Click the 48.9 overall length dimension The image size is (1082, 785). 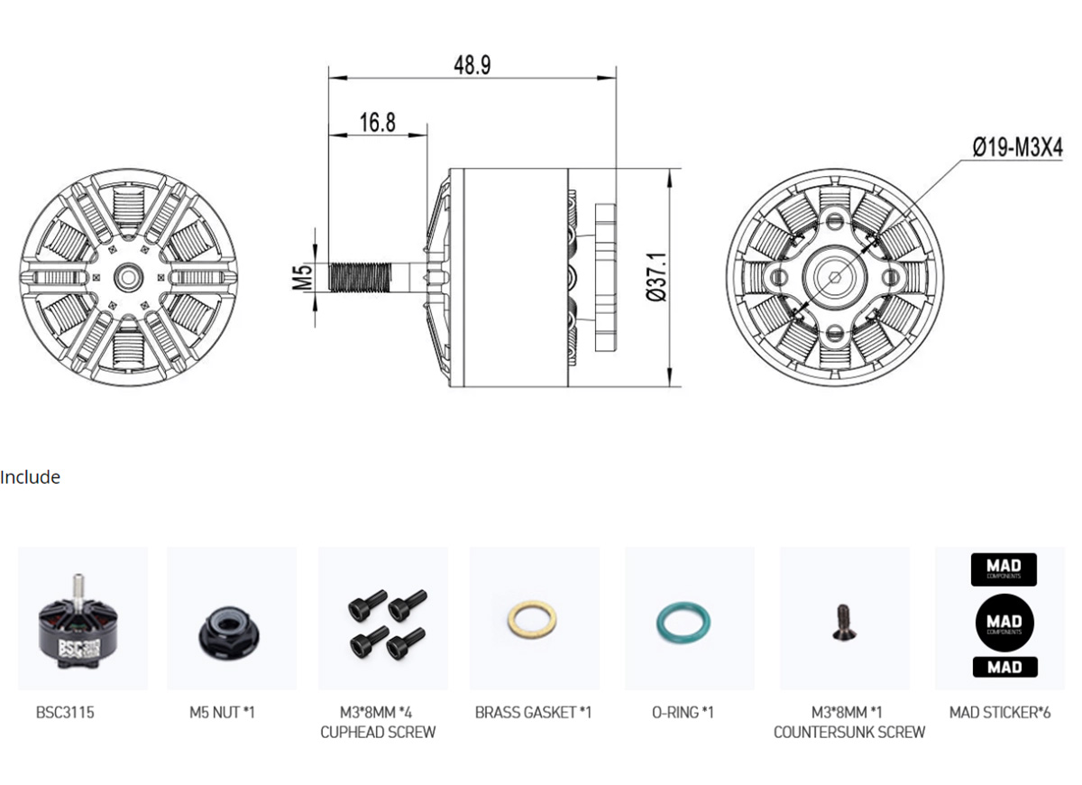click(x=472, y=65)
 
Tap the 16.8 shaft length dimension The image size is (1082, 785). click(x=377, y=123)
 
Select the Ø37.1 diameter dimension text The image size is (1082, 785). click(x=656, y=277)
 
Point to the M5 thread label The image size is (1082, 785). click(x=303, y=277)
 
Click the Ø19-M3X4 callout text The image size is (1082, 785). click(x=1017, y=147)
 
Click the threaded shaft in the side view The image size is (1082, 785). click(x=360, y=278)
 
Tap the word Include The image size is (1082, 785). click(x=30, y=477)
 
